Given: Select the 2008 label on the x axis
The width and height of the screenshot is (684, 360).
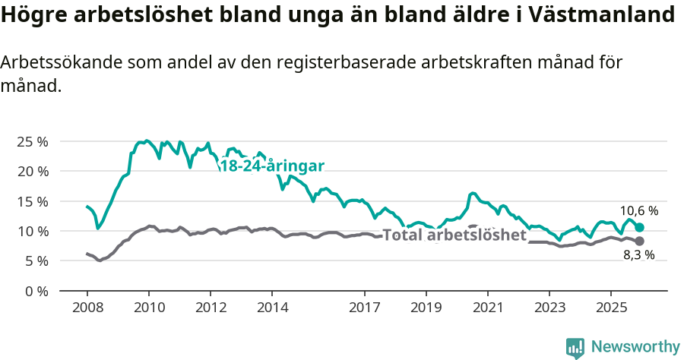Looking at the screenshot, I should [x=87, y=308].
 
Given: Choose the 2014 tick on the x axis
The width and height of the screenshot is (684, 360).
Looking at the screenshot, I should [x=272, y=308].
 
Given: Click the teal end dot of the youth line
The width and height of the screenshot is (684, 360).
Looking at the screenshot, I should [x=640, y=228].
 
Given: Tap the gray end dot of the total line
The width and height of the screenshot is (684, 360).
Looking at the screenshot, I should [x=640, y=241].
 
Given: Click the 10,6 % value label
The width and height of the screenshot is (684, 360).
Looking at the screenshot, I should [x=639, y=211].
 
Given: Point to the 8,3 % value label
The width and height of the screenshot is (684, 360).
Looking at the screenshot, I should [x=638, y=255].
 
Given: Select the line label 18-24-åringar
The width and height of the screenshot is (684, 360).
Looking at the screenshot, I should [x=272, y=166].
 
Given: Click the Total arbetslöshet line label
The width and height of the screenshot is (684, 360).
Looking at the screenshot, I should [x=454, y=235].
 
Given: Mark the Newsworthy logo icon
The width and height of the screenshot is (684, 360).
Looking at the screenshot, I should [x=575, y=348].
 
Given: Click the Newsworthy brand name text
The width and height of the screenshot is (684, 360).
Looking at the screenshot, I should [x=635, y=347].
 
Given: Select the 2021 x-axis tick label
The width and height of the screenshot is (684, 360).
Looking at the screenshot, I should [x=487, y=308].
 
